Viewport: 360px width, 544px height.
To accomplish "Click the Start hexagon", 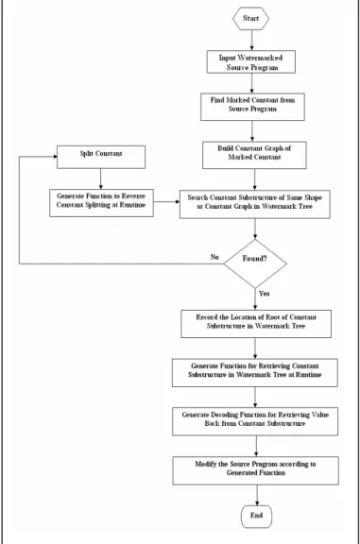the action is [250, 18].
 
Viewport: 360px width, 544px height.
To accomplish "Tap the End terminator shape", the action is [257, 517].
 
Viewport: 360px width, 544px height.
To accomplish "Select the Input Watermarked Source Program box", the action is [251, 62].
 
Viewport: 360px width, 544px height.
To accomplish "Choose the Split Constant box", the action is [101, 157].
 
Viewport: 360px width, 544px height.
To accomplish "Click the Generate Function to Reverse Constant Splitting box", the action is [101, 203].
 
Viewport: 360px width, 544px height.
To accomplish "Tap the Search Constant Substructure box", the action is [255, 204].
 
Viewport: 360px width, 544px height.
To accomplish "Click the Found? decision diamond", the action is [255, 263].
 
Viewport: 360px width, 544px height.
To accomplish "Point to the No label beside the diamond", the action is [214, 257].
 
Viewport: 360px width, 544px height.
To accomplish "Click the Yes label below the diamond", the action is [265, 294].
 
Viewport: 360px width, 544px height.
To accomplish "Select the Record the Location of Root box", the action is [256, 324].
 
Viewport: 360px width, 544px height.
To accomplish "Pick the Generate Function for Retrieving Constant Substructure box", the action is [255, 373].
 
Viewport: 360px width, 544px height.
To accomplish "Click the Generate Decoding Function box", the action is [255, 421].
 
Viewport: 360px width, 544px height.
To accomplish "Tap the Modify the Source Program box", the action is [255, 470].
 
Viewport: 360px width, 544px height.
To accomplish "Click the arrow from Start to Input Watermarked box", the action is [251, 41].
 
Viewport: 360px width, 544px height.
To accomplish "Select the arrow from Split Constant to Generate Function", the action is [101, 179].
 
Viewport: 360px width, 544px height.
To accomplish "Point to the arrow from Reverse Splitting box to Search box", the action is [166, 201].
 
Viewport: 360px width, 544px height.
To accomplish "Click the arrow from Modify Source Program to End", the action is [257, 495].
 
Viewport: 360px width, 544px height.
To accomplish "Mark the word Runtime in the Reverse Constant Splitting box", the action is [132, 205].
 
